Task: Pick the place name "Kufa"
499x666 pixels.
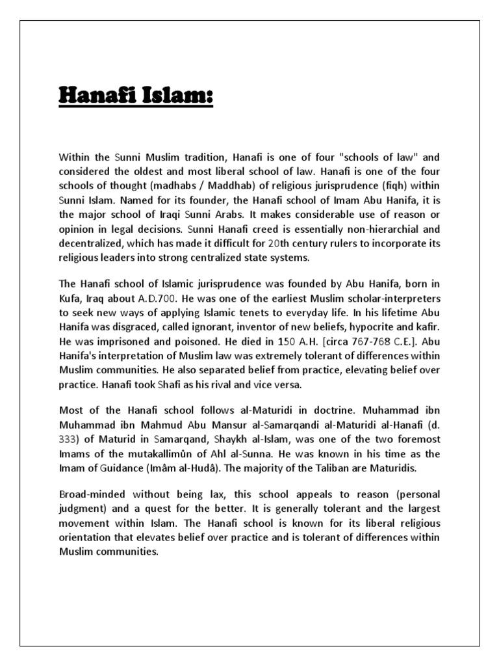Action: click(x=70, y=298)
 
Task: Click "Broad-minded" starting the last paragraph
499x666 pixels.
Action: click(x=88, y=495)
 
